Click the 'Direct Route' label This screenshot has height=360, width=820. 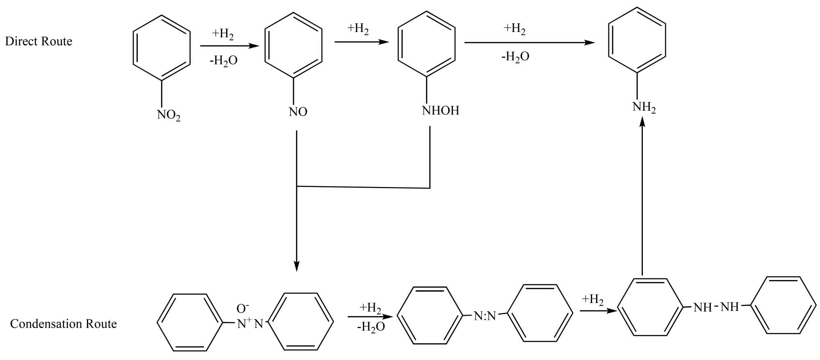(x=39, y=41)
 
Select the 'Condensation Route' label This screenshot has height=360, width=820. (x=64, y=324)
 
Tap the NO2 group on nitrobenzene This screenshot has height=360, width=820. (x=169, y=115)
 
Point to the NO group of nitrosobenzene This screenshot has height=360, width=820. (x=298, y=112)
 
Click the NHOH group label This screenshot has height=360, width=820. (x=440, y=111)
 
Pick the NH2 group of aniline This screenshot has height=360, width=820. (x=644, y=107)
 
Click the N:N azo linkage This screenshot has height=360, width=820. (x=485, y=316)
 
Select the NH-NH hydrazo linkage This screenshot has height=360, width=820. (x=716, y=307)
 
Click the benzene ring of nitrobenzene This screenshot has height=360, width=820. (x=162, y=48)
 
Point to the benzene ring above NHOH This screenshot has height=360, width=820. (x=427, y=43)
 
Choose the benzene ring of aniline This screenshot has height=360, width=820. (x=637, y=40)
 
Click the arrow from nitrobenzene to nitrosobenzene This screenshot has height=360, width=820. (x=230, y=46)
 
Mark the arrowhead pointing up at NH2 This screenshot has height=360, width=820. (x=642, y=121)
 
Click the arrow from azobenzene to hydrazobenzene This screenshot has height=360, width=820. (x=598, y=311)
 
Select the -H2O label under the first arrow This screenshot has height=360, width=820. (x=224, y=61)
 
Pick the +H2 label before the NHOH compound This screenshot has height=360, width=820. (x=358, y=29)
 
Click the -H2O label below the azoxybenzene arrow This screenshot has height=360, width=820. (x=371, y=327)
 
